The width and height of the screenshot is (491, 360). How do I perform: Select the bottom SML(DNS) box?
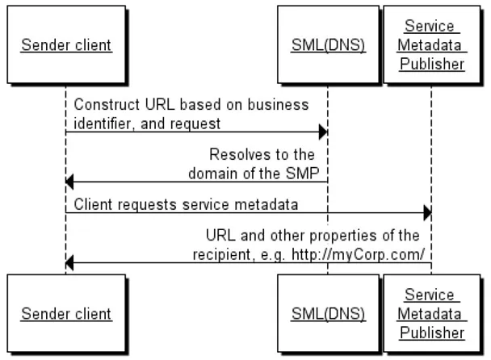click(328, 312)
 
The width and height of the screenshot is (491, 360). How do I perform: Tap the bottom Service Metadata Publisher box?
click(431, 312)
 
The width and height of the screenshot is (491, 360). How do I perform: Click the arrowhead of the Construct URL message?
click(322, 131)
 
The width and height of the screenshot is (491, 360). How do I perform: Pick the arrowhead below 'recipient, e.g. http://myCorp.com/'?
click(70, 262)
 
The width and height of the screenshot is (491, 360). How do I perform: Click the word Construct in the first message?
click(102, 106)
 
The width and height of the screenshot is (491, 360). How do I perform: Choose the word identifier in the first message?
click(100, 123)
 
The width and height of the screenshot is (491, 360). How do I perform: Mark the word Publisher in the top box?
click(431, 65)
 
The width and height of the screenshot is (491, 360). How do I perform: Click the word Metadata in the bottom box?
click(431, 313)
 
